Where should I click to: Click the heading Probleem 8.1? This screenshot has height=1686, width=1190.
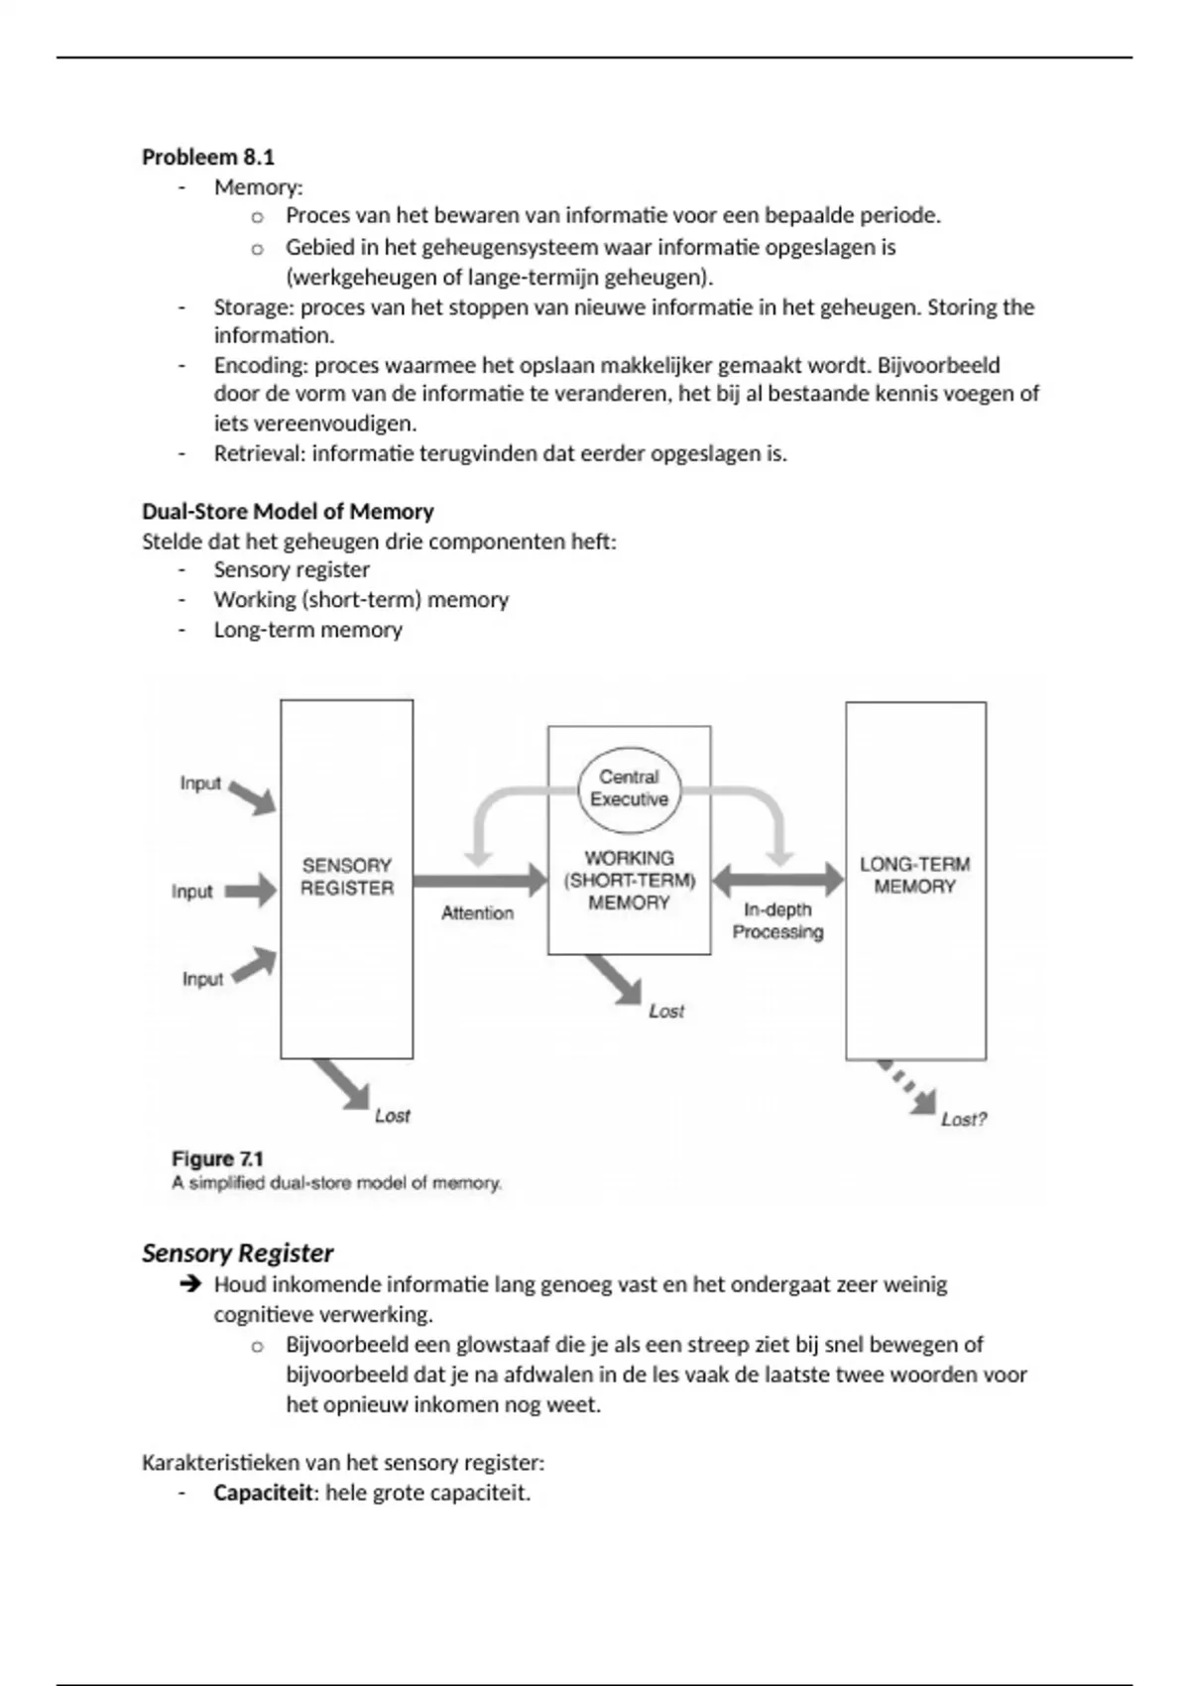point(208,157)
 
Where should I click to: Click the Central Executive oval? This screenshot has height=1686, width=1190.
point(629,788)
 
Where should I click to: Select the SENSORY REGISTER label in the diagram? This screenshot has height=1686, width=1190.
point(347,877)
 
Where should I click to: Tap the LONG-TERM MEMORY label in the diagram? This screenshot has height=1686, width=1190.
point(914,875)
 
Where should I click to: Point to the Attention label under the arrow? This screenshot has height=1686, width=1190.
point(477,912)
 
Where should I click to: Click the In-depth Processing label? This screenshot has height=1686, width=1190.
point(777,920)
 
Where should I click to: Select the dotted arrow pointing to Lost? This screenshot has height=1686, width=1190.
point(904,1085)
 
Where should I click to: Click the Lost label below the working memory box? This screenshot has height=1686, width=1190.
point(666,1011)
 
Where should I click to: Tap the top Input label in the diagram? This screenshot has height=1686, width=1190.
point(200,783)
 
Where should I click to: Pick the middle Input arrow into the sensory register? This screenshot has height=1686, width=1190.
point(250,891)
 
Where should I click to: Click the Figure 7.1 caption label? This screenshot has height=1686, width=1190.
point(217,1158)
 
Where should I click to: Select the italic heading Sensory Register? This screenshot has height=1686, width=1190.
point(237,1253)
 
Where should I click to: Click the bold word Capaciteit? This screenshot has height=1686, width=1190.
point(263,1493)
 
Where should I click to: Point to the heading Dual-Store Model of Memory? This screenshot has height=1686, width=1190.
point(288,512)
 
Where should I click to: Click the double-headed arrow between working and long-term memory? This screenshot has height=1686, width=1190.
point(777,878)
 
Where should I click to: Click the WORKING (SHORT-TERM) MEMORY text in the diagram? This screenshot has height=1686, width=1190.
point(629,880)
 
